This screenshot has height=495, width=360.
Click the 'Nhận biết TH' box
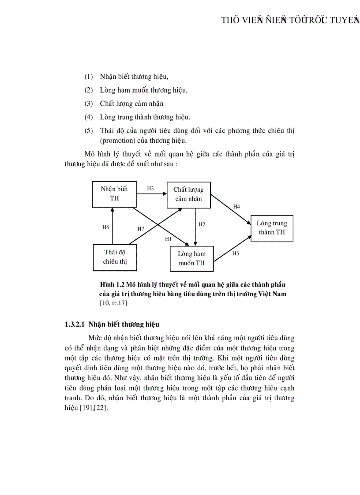114,194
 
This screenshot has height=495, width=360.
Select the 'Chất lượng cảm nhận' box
188,194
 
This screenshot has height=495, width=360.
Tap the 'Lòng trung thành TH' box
272,228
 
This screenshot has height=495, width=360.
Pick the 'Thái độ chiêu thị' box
114,257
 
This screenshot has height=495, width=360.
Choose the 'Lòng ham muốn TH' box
191,259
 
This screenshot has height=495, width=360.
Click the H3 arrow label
150,188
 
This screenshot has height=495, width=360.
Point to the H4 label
236,206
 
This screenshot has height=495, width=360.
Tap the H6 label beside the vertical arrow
105,227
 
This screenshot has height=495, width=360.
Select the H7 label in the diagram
141,229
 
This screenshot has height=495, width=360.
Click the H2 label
202,224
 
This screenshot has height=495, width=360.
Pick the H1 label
168,238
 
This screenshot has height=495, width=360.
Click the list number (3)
89,104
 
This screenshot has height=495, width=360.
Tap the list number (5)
89,131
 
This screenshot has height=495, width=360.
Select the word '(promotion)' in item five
116,141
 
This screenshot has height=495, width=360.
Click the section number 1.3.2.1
75,324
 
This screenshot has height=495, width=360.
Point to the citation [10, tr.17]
114,303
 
